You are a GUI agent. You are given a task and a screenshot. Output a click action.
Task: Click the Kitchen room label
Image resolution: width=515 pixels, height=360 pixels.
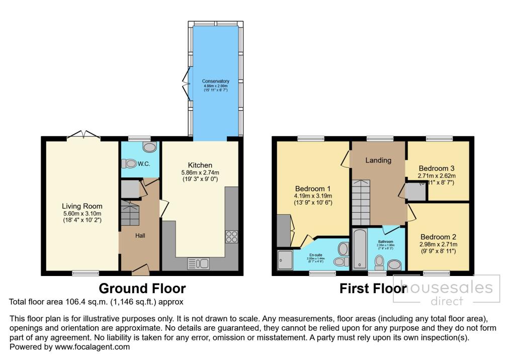[x=200, y=165]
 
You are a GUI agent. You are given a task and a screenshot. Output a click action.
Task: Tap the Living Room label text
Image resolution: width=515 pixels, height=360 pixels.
[x=82, y=206]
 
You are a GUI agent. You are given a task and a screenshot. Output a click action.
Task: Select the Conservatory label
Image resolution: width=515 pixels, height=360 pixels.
[x=215, y=81]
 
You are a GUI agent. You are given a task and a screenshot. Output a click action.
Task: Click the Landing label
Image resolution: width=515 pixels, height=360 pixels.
[x=378, y=160]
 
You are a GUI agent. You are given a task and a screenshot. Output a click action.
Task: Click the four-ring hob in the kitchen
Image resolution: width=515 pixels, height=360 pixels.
[x=232, y=236]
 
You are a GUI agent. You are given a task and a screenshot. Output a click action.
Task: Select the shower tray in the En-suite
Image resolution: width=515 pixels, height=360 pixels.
[x=285, y=260]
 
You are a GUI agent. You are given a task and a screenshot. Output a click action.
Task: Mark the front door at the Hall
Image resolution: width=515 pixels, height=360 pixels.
[x=140, y=272]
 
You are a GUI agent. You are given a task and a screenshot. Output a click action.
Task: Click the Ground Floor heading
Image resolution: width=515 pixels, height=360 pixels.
[x=142, y=289]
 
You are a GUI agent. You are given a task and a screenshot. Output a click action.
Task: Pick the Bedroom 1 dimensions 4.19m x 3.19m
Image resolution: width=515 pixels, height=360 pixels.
[x=313, y=196]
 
